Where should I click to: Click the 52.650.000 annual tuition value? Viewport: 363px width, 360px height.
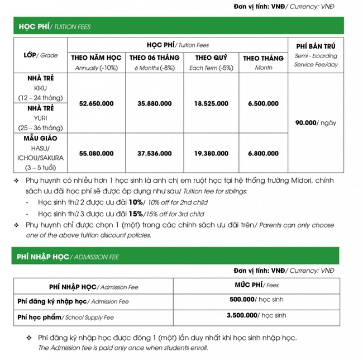pos(97,103)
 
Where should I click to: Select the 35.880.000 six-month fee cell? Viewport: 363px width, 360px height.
pos(154,103)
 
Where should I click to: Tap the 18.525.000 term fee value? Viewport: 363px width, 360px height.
pos(211,103)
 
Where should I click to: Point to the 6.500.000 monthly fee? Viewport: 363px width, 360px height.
pos(263,103)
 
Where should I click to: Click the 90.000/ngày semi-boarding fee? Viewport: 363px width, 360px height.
pos(316,123)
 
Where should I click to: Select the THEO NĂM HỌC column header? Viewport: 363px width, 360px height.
pos(97,58)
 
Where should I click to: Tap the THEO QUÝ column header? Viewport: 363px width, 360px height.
pos(211,58)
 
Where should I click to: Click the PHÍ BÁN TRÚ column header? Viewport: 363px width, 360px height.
pos(316,46)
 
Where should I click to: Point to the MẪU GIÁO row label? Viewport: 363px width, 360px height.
pos(40,138)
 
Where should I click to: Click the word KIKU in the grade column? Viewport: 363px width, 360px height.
pos(40,88)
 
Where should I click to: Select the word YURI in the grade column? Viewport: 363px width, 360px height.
pos(40,118)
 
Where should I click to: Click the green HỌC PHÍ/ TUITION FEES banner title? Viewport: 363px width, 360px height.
pos(54,26)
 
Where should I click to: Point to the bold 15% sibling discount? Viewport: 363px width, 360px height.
pos(136,214)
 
